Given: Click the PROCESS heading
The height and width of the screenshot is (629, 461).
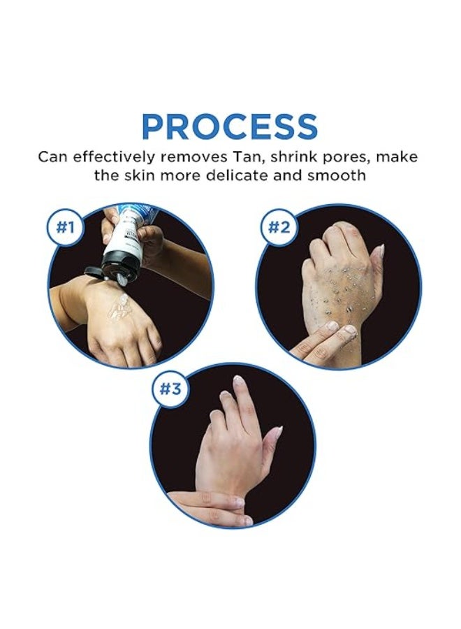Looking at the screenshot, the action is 230,126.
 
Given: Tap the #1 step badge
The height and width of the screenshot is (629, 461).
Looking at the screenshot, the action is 65,227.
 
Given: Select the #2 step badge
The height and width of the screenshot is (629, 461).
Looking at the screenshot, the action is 278,227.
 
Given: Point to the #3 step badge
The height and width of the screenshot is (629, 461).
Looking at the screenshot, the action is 170,389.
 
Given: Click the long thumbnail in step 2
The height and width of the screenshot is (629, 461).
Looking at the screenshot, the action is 378,252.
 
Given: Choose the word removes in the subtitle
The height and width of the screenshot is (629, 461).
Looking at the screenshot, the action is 193,157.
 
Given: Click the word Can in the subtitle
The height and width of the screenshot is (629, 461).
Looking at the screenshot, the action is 53,157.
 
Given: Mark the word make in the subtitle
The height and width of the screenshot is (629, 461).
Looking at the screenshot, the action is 397,157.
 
